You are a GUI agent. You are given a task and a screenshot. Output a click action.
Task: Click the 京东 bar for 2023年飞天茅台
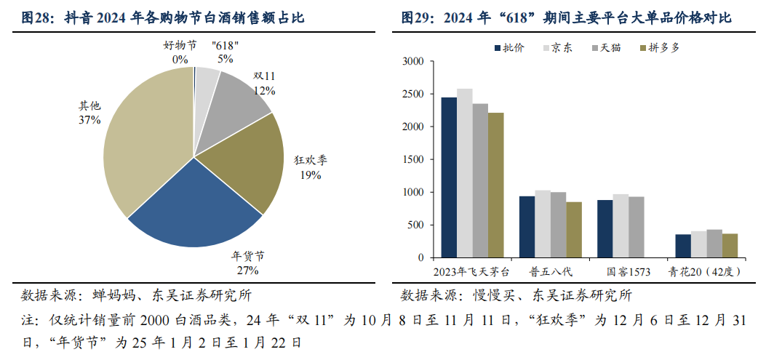point(464,173)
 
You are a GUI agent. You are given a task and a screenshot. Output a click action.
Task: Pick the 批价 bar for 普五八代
point(527,227)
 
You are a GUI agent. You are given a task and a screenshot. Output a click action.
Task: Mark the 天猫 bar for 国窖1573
point(637,227)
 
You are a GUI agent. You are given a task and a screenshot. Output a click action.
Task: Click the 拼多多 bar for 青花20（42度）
point(730,246)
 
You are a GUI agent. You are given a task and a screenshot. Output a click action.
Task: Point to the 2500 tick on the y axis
point(413,95)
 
